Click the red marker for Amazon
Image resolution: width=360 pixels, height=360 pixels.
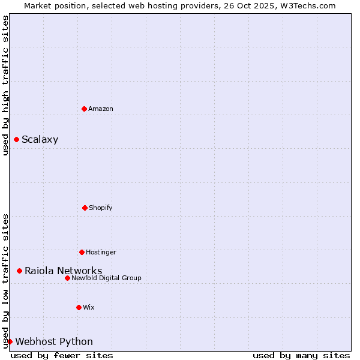[x=85, y=109]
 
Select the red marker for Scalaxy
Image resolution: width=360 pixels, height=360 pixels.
[x=16, y=140]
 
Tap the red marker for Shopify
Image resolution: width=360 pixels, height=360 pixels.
[x=85, y=208]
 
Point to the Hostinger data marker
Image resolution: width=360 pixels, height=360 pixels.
[x=82, y=252]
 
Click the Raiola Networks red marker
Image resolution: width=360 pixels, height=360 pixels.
[x=19, y=271]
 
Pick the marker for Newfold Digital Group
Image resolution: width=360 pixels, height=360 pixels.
[x=67, y=278]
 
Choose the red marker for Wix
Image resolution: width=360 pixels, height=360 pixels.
[x=79, y=307]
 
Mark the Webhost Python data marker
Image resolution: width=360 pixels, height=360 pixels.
[x=10, y=342]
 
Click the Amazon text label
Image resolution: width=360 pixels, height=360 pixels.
[x=101, y=109]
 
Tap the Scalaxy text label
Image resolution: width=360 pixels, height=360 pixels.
[x=40, y=140]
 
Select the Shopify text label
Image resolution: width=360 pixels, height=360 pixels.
[x=101, y=208]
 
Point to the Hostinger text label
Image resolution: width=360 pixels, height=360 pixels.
[x=101, y=252]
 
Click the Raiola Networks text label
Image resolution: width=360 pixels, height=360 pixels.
[x=63, y=271]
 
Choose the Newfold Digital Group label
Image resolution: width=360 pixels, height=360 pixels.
[x=106, y=278]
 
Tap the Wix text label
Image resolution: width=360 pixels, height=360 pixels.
[x=89, y=307]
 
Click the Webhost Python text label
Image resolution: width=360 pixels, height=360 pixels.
[x=54, y=342]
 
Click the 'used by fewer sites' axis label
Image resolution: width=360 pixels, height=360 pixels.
[x=62, y=355]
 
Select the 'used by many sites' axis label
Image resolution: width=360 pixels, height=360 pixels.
[x=301, y=355]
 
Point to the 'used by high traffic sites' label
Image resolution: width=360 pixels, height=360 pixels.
[x=5, y=85]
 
